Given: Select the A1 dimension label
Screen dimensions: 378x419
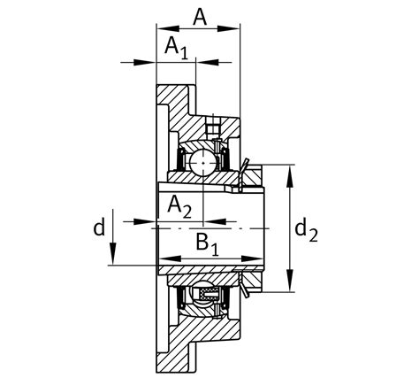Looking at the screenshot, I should click(176, 49).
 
